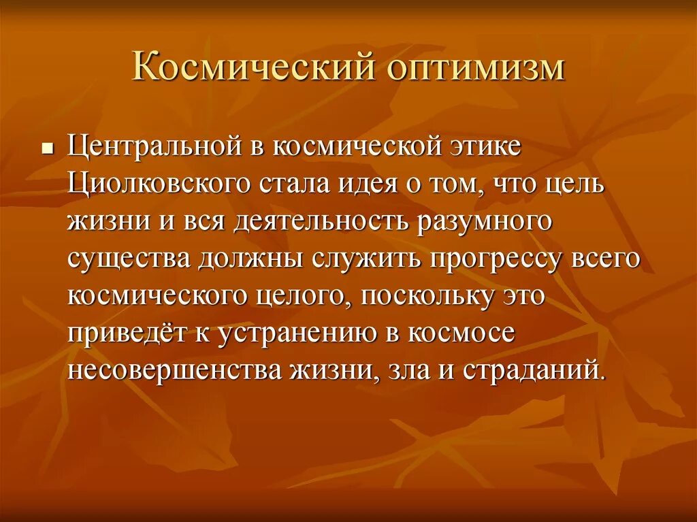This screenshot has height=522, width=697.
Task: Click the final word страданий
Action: (x=533, y=372)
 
